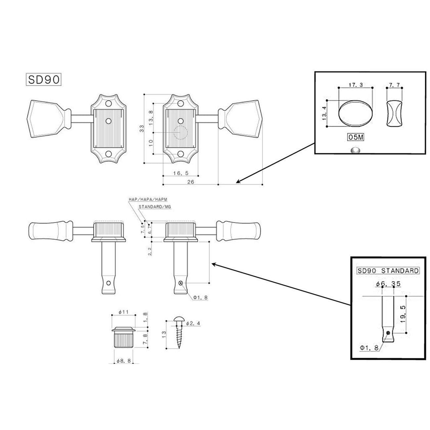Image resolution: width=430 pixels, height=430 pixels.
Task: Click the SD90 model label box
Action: coord(45,79)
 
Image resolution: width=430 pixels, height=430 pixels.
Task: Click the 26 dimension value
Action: coord(190,182)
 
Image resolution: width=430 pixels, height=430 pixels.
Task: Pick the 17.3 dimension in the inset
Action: coord(356,85)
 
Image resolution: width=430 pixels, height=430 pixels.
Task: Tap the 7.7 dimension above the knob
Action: coord(394,85)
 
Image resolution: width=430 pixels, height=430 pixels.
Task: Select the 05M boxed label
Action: coord(355,137)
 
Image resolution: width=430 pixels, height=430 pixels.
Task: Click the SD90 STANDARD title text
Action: coord(387,271)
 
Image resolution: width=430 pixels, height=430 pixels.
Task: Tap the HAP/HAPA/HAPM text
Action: coord(149,200)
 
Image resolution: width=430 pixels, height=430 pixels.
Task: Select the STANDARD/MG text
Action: coord(154,207)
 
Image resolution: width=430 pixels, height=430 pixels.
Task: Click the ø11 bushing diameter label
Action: coord(123,312)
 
